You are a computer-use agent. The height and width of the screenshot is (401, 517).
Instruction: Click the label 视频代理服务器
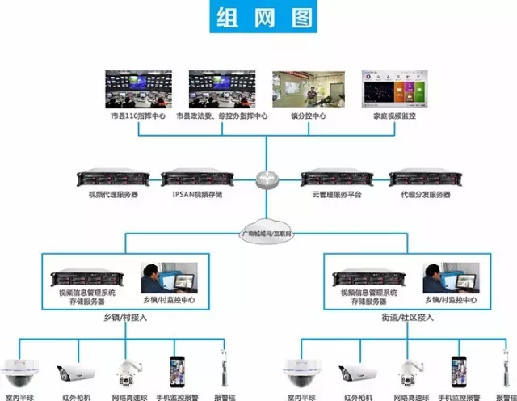point(113,196)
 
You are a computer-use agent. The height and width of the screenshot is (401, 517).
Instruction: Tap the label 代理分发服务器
point(423,196)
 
